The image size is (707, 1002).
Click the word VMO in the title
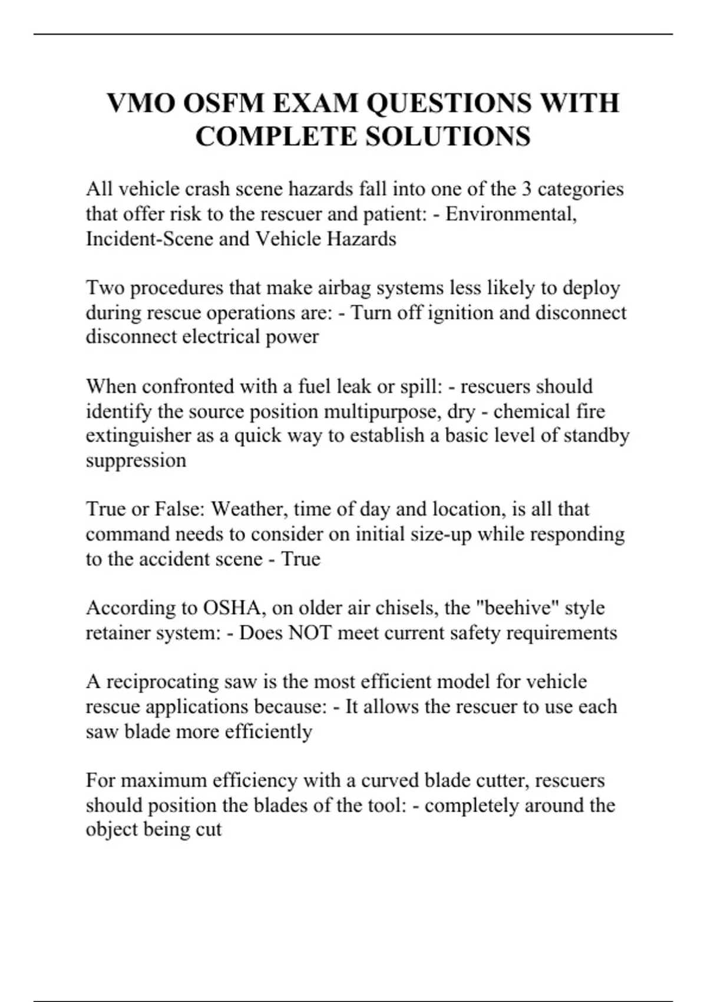[141, 103]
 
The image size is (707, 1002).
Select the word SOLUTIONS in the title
[448, 136]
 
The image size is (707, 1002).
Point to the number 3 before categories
[526, 189]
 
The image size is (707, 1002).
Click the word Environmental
[510, 213]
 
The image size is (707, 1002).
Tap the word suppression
[136, 460]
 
